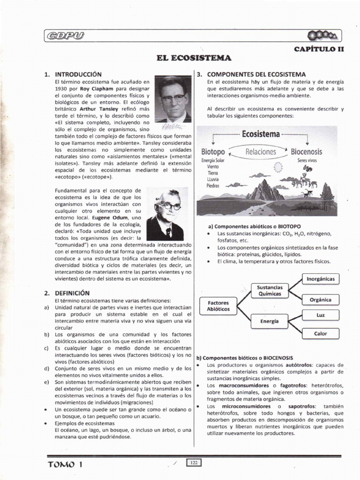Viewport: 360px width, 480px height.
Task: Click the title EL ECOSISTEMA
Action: point(194,58)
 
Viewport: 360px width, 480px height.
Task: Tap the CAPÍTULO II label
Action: point(319,49)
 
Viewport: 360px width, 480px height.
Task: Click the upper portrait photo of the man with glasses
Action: point(173,99)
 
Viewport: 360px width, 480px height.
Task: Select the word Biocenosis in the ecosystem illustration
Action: point(307,152)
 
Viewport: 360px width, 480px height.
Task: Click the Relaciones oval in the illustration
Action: point(261,152)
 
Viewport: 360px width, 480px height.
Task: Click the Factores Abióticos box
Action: point(218,306)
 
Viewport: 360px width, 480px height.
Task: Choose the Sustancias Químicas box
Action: point(270,290)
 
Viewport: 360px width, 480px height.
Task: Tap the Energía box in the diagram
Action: point(270,321)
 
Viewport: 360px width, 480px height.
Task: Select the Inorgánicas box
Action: point(321,279)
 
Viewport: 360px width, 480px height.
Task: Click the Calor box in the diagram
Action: point(321,334)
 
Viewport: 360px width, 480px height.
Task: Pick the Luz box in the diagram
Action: point(321,315)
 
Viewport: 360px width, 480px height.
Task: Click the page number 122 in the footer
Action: point(193,463)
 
